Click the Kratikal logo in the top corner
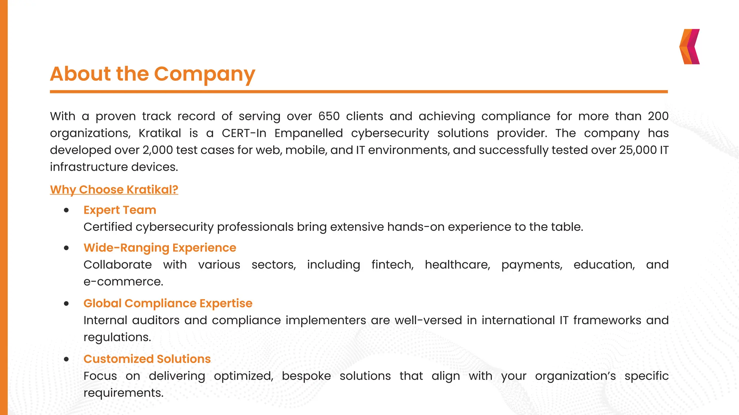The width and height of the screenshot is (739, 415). (690, 47)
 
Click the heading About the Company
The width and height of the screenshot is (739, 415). (153, 74)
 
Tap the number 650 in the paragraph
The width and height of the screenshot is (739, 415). (329, 116)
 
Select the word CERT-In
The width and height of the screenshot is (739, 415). (244, 133)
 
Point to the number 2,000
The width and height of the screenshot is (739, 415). (158, 150)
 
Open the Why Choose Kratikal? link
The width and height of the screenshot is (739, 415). (114, 189)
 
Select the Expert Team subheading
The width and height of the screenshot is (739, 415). (120, 210)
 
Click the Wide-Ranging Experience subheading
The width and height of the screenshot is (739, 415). (160, 248)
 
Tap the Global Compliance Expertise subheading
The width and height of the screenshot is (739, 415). (168, 303)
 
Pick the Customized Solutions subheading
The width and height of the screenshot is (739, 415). (147, 359)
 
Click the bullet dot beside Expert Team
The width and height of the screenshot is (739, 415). (66, 210)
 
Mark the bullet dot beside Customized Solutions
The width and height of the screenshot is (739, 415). (66, 360)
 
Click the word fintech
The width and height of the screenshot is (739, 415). (392, 265)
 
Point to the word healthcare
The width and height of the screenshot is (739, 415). (457, 265)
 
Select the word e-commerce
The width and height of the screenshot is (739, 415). (123, 282)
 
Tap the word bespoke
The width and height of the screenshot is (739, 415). (306, 376)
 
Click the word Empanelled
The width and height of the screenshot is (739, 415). (309, 133)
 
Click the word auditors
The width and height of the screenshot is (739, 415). (156, 320)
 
